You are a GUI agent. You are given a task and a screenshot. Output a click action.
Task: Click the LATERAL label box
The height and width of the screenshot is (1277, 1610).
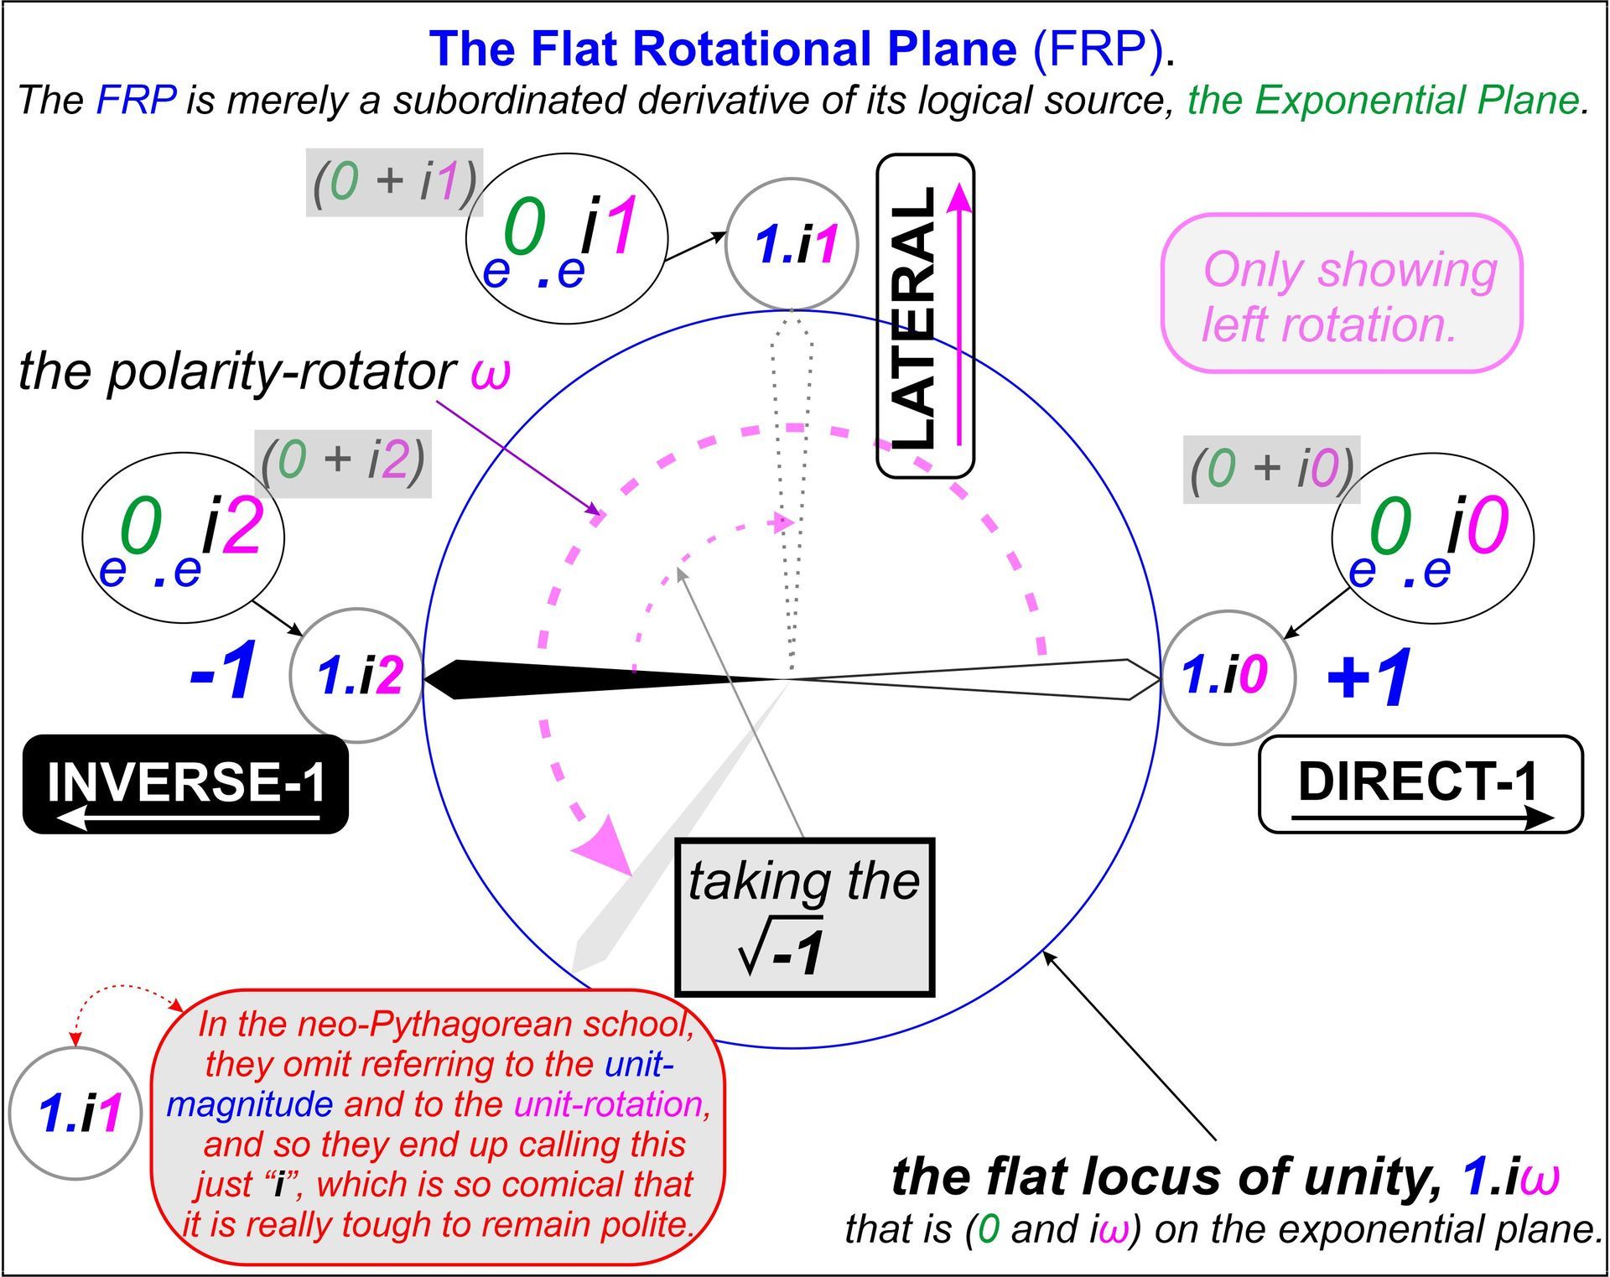(925, 316)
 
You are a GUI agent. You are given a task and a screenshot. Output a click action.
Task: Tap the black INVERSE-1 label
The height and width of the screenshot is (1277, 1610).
(185, 784)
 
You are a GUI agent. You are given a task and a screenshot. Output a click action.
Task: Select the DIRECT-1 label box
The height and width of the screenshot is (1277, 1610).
(1420, 784)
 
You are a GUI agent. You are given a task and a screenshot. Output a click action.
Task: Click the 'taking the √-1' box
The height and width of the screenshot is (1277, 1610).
(804, 916)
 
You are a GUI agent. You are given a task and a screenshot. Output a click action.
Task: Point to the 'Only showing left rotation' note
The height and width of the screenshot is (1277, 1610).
(1341, 293)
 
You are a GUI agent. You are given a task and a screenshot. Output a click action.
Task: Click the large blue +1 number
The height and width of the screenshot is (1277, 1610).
(1369, 676)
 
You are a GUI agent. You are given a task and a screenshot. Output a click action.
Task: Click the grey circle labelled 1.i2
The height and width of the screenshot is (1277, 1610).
(357, 675)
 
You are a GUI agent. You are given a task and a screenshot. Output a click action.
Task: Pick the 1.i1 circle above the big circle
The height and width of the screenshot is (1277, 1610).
(792, 244)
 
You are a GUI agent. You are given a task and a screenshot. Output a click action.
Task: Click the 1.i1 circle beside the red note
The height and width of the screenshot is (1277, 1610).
(75, 1113)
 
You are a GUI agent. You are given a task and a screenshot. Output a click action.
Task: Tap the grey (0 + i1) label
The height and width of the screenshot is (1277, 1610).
(394, 181)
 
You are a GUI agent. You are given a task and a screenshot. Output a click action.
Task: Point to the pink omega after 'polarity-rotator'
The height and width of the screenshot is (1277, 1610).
(491, 371)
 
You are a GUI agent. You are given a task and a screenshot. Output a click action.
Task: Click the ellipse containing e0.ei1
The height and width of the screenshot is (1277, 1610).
(567, 238)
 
